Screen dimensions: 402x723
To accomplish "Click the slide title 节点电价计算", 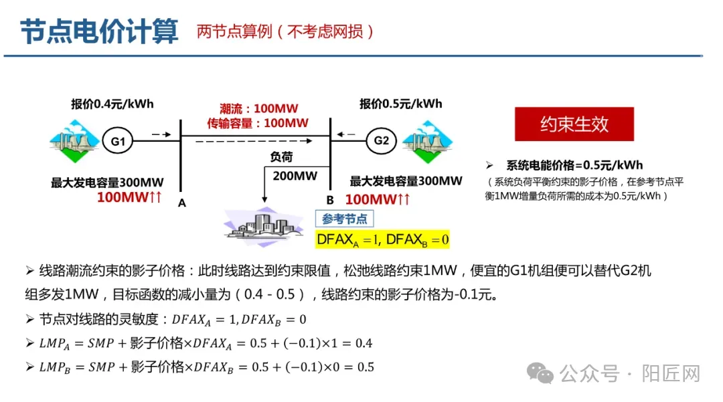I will tap(99, 31).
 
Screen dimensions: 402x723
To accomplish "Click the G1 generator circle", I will tap(118, 141).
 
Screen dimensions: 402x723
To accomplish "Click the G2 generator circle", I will tap(381, 140).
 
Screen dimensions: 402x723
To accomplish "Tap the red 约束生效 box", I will tap(574, 124).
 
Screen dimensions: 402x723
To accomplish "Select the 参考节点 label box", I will tap(344, 219).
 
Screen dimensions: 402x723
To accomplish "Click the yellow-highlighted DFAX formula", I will tap(382, 239).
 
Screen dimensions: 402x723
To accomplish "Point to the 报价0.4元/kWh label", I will tap(112, 104).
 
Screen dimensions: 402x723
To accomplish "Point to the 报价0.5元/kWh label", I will tap(400, 104).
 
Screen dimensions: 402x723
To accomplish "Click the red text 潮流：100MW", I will tap(258, 109).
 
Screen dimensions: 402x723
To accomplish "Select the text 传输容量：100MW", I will tap(258, 123).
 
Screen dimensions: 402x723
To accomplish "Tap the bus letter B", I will tap(329, 200).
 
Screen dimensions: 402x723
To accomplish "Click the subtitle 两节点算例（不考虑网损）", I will tap(286, 31).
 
